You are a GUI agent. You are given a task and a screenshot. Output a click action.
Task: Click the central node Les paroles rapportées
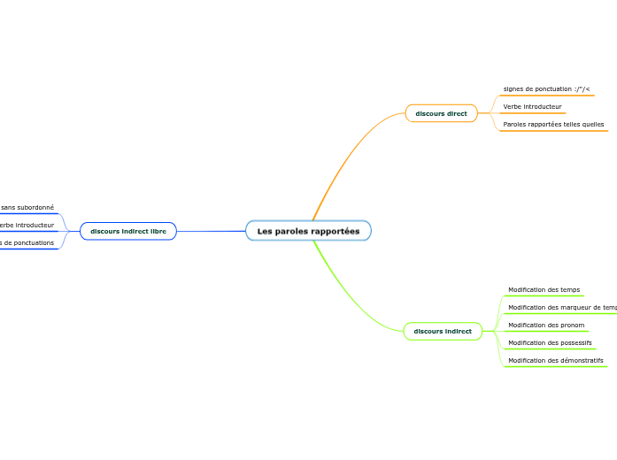(x=308, y=231)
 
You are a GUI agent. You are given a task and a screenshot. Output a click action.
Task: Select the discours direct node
(x=441, y=113)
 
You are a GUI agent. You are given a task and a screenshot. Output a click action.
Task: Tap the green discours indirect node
(x=443, y=332)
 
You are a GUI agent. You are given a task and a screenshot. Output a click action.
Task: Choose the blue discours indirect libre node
(x=128, y=231)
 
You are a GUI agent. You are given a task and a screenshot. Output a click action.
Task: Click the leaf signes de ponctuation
(x=546, y=89)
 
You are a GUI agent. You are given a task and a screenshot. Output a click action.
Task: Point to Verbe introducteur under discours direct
(x=532, y=107)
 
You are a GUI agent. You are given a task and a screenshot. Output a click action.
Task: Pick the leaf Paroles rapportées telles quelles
(x=553, y=125)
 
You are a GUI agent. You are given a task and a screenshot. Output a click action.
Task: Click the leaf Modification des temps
(x=544, y=290)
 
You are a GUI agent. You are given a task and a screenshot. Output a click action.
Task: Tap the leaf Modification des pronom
(x=546, y=326)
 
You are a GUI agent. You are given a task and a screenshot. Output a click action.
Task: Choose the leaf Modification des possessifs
(x=550, y=343)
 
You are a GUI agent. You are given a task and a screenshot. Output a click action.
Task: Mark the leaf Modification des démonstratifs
(x=555, y=361)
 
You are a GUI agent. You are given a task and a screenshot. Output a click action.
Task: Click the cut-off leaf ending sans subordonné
(x=27, y=208)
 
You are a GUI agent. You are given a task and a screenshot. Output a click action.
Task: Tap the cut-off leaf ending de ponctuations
(x=27, y=243)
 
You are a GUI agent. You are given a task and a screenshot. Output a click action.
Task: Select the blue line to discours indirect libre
(x=212, y=231)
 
